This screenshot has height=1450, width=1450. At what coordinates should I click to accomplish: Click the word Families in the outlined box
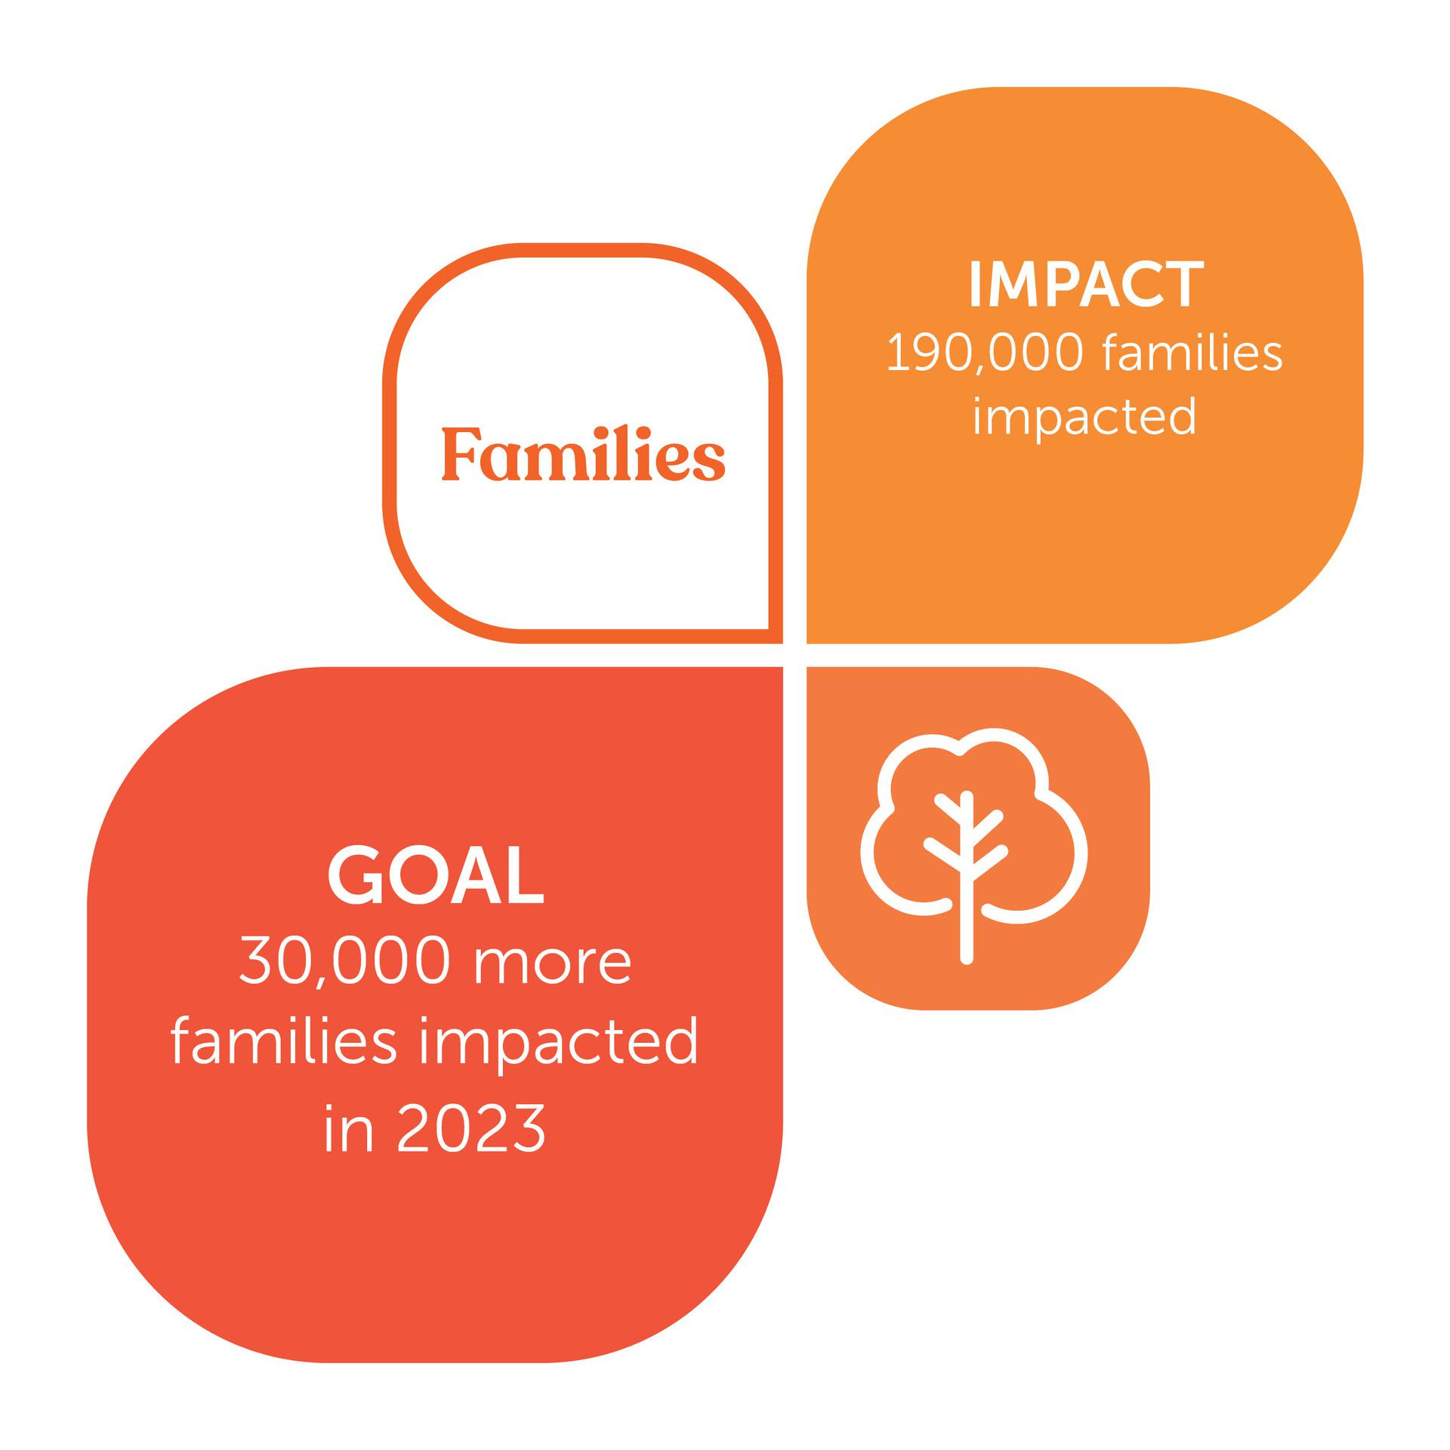583,455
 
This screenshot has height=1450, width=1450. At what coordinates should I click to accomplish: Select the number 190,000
985,354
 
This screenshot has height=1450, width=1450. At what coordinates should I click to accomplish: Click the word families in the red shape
284,1041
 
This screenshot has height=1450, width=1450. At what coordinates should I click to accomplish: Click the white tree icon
974,846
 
